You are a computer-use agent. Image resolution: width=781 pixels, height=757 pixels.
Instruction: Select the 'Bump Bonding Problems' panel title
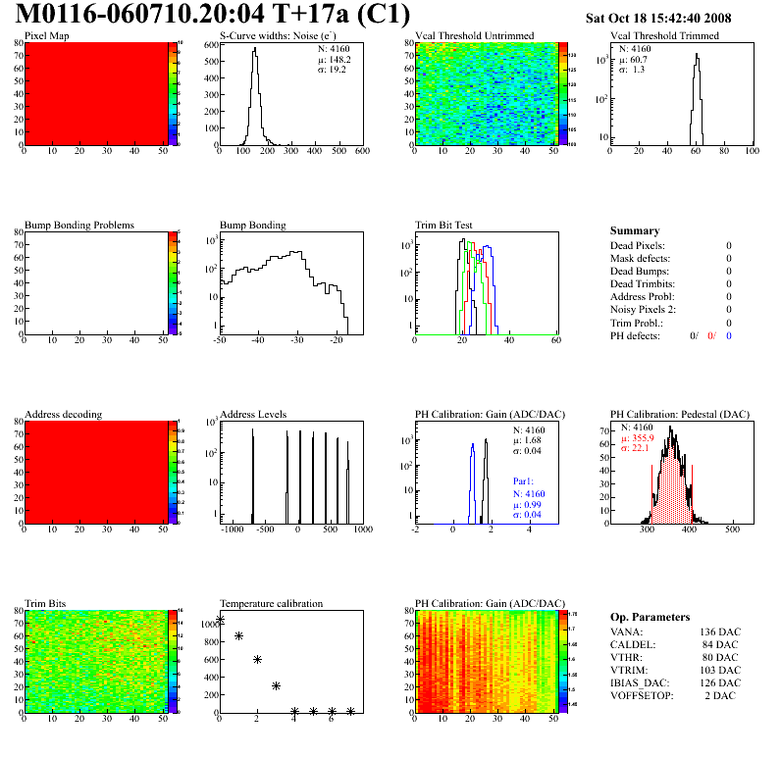click(x=78, y=225)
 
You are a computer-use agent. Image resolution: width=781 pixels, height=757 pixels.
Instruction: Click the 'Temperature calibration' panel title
click(x=271, y=603)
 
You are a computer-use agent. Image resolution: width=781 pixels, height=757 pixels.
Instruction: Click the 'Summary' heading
click(x=635, y=230)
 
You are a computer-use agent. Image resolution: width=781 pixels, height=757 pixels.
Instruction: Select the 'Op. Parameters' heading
click(x=647, y=616)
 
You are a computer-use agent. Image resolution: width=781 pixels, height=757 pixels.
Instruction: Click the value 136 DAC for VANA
click(x=720, y=631)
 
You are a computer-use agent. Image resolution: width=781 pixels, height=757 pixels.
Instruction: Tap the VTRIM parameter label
click(x=629, y=670)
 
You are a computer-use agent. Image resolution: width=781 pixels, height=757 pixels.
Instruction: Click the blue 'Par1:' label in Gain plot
click(x=525, y=481)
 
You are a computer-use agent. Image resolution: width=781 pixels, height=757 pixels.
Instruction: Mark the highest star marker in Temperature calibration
click(x=220, y=620)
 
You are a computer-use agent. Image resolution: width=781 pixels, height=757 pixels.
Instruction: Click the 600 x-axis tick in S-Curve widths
click(x=362, y=151)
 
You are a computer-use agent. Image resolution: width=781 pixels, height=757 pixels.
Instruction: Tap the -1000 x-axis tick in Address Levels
click(x=232, y=530)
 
